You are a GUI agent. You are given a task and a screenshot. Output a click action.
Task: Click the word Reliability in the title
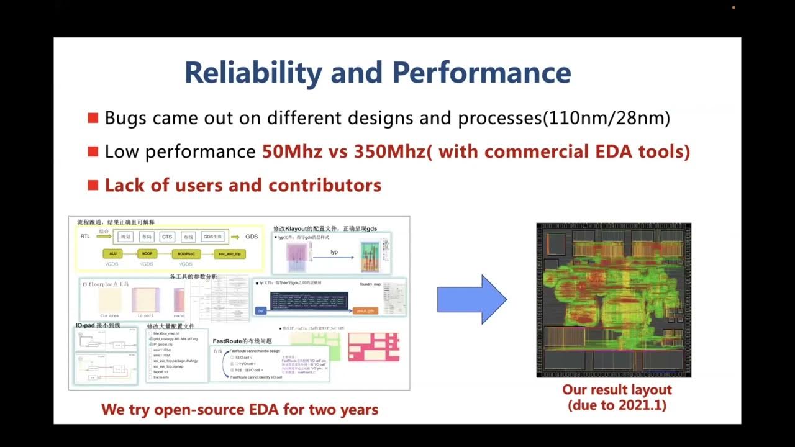(x=253, y=73)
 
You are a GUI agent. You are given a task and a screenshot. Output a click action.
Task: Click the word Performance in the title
(x=481, y=73)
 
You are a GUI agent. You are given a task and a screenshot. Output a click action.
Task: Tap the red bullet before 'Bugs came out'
(x=93, y=118)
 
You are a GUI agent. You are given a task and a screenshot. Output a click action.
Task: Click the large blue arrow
(x=472, y=299)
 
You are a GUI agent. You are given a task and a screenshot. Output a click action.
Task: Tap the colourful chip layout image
(x=614, y=300)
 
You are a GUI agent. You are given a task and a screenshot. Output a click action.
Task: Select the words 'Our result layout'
(x=617, y=390)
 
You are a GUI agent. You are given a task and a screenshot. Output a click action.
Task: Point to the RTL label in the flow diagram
(x=85, y=237)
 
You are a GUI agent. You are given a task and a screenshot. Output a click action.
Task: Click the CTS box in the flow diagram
(x=166, y=237)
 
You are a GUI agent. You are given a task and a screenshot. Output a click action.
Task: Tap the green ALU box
(x=113, y=254)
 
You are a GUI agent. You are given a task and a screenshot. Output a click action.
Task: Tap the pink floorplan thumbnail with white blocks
(x=373, y=347)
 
